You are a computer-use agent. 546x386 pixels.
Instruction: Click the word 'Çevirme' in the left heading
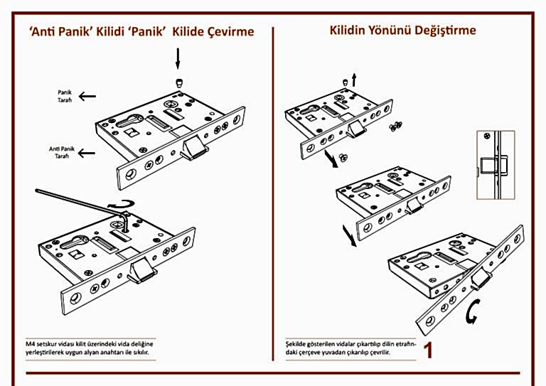coord(228,32)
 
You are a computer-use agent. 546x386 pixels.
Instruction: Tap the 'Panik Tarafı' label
coord(65,97)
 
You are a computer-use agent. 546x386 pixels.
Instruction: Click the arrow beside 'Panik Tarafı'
coord(87,96)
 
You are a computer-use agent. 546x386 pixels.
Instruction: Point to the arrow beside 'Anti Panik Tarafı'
coord(87,151)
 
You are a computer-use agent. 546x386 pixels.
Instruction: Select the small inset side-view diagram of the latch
coord(495,163)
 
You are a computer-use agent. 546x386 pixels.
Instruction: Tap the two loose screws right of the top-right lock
coord(395,127)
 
